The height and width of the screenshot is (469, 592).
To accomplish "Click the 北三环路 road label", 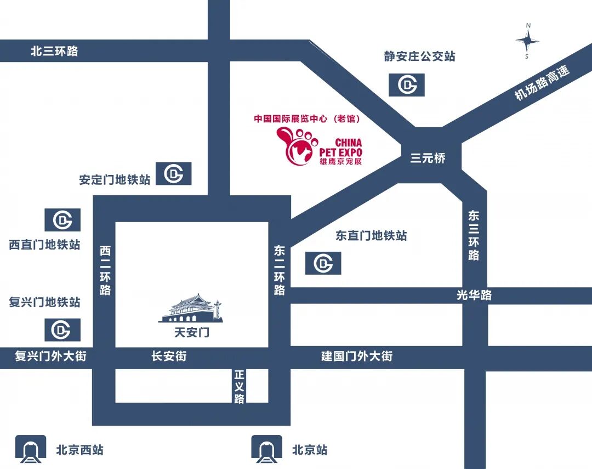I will (54, 52).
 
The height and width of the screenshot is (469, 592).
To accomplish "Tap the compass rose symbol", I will (527, 41).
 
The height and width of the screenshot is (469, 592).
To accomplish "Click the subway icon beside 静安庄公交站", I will (406, 84).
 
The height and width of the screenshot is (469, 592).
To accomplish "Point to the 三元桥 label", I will (428, 159).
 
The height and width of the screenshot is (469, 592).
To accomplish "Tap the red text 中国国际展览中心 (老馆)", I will (306, 118).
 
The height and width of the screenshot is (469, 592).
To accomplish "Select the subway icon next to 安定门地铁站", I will (174, 173).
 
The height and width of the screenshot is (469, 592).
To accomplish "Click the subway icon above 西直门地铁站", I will (62, 220).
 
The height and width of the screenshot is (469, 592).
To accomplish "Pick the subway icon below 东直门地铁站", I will (323, 263).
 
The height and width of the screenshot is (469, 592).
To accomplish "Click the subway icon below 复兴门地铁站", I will (62, 330).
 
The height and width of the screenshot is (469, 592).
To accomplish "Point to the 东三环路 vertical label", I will (474, 235).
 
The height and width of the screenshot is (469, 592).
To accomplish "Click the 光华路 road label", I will (474, 295).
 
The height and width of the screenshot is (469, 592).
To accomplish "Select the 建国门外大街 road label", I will (357, 356).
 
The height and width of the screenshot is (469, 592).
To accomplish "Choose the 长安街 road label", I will (169, 356).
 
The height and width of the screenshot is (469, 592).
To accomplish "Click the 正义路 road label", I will (239, 386).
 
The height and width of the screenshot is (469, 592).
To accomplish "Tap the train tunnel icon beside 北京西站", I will (31, 449).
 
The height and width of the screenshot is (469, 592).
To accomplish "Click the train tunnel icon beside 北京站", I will (266, 449).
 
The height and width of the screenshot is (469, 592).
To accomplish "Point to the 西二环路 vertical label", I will (105, 270).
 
